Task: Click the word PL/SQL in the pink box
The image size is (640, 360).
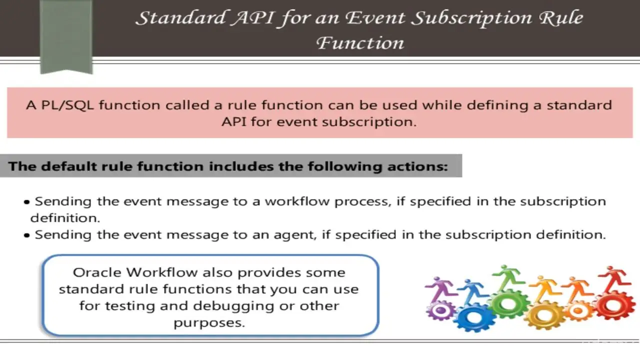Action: click(x=67, y=105)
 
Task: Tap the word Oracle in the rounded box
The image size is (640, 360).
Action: click(x=97, y=272)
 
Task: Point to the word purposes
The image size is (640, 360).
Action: click(x=209, y=323)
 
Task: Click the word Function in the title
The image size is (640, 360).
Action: click(x=360, y=43)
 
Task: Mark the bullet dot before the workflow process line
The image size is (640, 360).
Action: click(x=27, y=202)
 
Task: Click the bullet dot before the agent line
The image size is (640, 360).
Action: click(x=27, y=235)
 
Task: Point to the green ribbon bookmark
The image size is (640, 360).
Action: click(x=66, y=37)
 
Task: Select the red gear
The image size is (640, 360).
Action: click(x=613, y=306)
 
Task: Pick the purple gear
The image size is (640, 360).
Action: click(x=440, y=310)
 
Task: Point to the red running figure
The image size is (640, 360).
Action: click(x=614, y=280)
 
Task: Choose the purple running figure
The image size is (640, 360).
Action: click(x=440, y=289)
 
